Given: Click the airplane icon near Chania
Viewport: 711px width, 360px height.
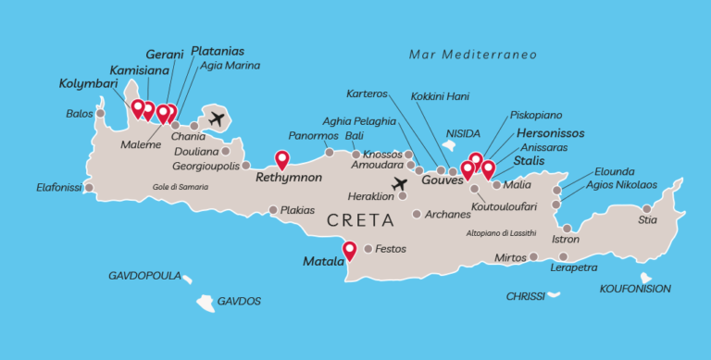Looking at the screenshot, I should (x=217, y=118).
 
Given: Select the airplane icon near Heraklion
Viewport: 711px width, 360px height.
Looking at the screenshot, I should (x=400, y=185).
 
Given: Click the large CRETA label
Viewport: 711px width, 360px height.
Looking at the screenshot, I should (x=361, y=221).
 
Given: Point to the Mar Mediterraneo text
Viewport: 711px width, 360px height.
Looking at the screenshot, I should (x=472, y=55).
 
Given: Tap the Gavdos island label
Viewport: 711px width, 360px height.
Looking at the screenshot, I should (x=239, y=302).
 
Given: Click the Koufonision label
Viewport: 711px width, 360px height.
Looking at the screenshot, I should (x=635, y=289).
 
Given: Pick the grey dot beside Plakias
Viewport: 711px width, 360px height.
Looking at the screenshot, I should (x=273, y=210).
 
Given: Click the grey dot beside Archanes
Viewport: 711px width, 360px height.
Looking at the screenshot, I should (x=417, y=215).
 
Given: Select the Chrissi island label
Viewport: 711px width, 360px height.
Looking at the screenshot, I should (x=526, y=297).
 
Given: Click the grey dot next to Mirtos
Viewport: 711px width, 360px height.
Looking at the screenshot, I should (x=534, y=256).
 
